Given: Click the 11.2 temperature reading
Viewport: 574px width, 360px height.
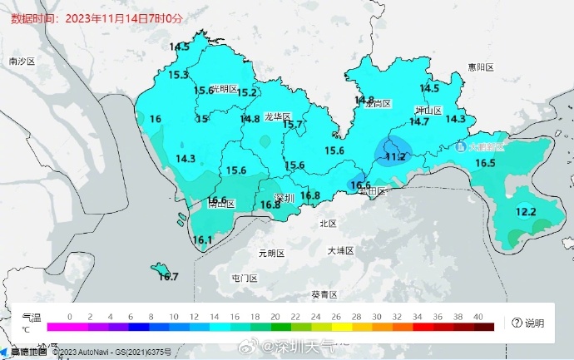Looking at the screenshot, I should tap(394, 156).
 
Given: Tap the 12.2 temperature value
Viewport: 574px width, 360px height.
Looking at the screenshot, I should tap(526, 212).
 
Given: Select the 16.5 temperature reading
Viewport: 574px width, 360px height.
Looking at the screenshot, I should tap(485, 164).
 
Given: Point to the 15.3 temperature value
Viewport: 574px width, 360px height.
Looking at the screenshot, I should tap(178, 75).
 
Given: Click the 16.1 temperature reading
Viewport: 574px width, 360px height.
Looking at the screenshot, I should tap(202, 240).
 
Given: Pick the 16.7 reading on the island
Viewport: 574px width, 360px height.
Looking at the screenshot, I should tap(168, 276).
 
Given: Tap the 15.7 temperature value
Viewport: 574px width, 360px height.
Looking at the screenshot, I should tap(293, 125).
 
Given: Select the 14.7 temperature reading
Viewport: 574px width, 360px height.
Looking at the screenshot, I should tap(418, 122).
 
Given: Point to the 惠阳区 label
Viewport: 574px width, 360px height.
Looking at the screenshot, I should tap(480, 67).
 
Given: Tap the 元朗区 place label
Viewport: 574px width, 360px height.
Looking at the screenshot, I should tap(271, 253).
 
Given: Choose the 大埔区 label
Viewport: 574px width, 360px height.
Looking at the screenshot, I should tap(340, 250).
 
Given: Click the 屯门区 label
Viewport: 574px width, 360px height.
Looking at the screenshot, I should tap(244, 278).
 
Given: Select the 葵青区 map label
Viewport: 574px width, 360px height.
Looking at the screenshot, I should tap(324, 294).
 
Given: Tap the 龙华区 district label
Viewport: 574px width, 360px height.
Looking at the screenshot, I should tap(277, 116).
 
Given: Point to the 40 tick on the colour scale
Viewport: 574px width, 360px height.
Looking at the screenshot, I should tap(478, 317).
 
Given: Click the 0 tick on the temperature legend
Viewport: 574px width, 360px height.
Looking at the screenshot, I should tap(69, 317).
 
